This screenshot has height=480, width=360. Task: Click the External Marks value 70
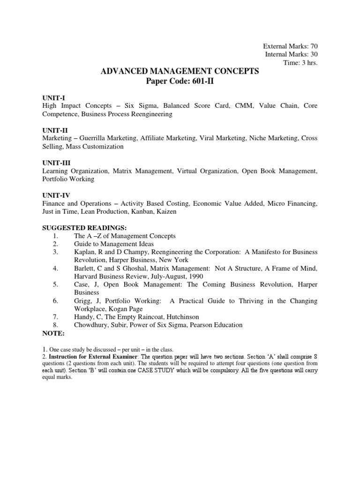click(x=314, y=46)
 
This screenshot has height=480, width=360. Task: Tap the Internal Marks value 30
click(x=314, y=54)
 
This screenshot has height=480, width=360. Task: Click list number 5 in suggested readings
click(x=55, y=284)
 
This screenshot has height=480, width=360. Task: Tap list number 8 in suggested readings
click(x=55, y=325)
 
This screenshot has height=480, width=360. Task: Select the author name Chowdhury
click(x=93, y=325)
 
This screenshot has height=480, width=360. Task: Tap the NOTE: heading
click(x=52, y=333)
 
